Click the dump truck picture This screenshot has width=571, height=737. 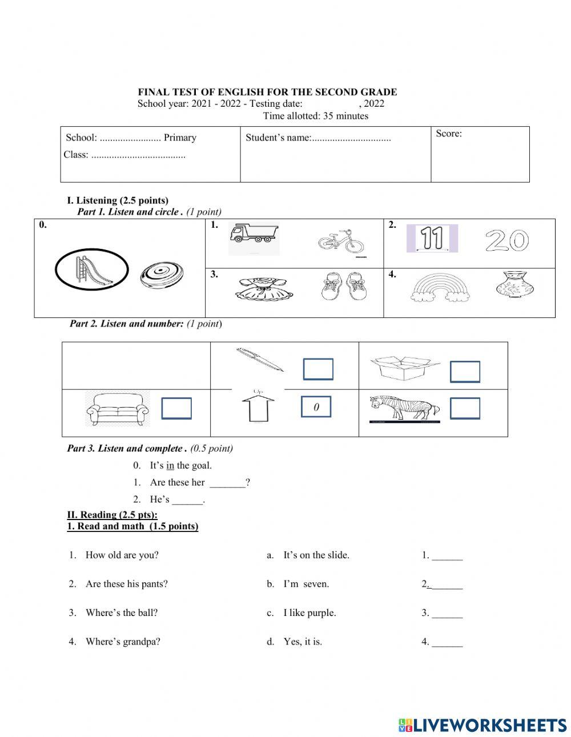pos(254,239)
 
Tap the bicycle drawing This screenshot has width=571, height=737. pos(341,242)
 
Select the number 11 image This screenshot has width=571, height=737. pos(432,239)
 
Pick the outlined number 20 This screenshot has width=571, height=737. pos(506,241)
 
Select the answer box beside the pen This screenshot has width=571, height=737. pos(317,369)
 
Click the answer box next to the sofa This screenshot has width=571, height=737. pos(176,409)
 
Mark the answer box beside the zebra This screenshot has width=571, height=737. pos(465,409)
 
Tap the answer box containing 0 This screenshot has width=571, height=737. pos(316,407)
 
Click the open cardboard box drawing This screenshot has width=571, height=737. pos(404,368)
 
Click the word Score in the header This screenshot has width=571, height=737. pos(449,134)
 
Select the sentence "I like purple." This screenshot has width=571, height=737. pos(309,613)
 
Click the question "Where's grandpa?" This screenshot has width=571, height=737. pos(123,642)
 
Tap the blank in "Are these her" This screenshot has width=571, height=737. pos(227,483)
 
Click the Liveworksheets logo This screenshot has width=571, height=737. pos(482,725)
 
